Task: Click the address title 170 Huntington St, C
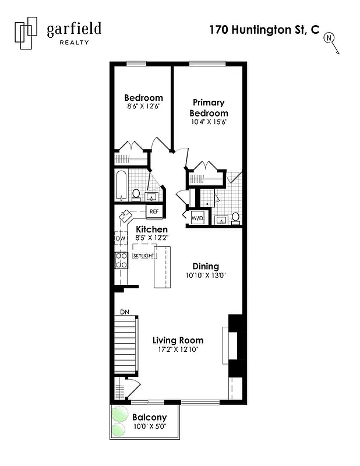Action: [264, 30]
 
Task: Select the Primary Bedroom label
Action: [208, 108]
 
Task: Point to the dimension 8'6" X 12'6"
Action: [143, 107]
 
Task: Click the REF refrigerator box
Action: [154, 211]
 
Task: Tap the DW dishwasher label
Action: [121, 239]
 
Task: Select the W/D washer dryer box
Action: [197, 218]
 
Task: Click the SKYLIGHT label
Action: [143, 256]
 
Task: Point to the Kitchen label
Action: [151, 230]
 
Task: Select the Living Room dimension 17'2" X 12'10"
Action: [178, 349]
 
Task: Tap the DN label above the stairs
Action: [124, 312]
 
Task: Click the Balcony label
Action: [149, 417]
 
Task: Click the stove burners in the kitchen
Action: [121, 260]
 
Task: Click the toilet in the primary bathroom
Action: [235, 217]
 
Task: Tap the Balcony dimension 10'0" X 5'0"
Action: [149, 426]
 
